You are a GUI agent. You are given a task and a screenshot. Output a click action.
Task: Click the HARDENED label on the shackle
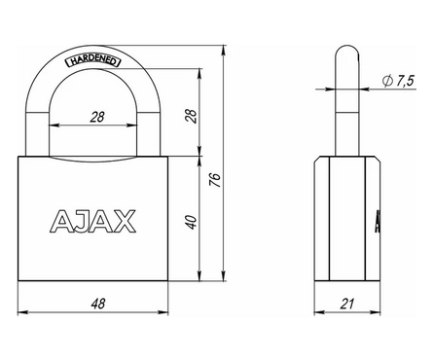[91, 60]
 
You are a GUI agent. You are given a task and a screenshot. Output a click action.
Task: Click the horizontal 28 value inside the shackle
[94, 116]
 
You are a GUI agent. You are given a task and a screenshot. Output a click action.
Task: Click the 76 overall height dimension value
[215, 179]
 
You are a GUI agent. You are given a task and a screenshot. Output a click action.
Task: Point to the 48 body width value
[94, 305]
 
